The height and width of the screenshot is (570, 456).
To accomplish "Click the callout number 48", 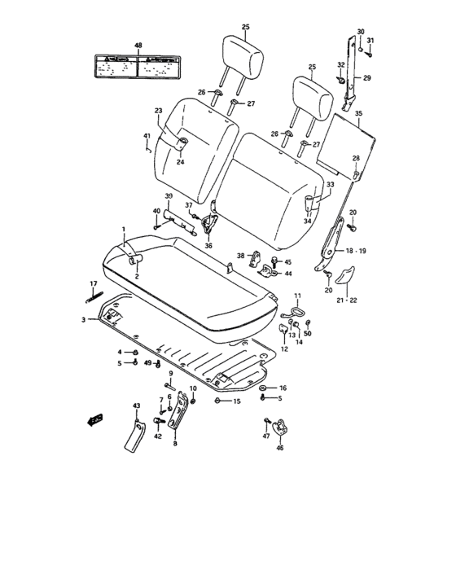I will pos(138,46).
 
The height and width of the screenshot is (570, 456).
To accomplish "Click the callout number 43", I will pos(137,405).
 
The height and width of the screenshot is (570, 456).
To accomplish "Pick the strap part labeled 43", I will pos(131,431).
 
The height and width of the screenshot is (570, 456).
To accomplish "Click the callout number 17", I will pos(94,283).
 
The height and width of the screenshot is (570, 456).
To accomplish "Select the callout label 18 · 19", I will pos(357,252).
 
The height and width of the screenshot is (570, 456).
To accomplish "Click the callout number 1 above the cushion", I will pos(124,230).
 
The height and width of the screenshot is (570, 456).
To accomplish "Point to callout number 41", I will pos(147,135).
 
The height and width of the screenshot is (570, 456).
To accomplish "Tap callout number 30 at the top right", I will pos(361,31).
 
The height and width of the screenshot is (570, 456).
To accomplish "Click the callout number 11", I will pos(297,295).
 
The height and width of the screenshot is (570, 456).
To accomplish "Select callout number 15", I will pos(237,401).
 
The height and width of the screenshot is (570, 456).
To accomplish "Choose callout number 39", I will pos(169,197).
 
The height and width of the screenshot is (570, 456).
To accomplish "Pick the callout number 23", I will pos(159,111).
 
